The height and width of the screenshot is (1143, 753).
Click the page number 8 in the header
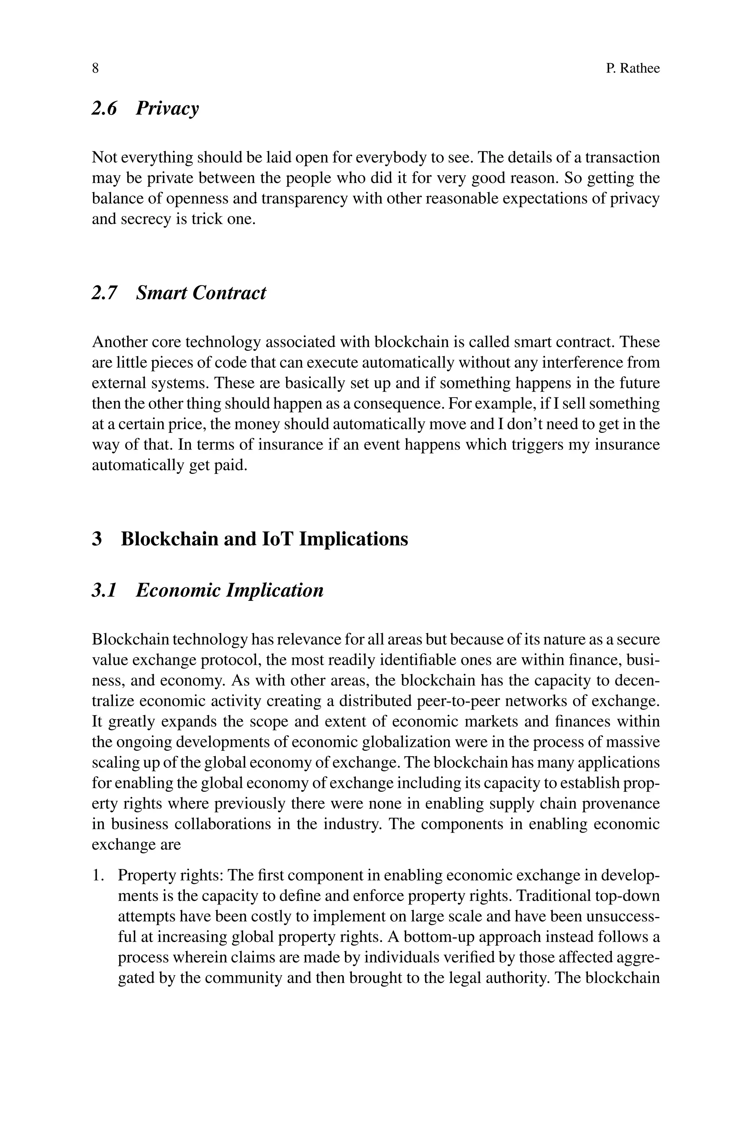pos(95,69)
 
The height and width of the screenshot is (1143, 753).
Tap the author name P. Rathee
pos(632,69)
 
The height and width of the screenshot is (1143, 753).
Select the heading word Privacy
pos(167,108)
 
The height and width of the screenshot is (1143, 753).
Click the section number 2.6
pos(104,108)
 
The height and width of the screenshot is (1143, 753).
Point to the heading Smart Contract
pos(201,293)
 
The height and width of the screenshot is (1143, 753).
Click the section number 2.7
pos(104,293)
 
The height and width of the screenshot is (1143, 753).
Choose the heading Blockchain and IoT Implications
pos(264,539)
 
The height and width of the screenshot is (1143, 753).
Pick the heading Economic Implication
pos(229,590)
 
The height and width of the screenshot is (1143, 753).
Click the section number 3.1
pos(104,590)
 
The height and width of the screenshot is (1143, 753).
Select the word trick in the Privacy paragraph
pos(207,219)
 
